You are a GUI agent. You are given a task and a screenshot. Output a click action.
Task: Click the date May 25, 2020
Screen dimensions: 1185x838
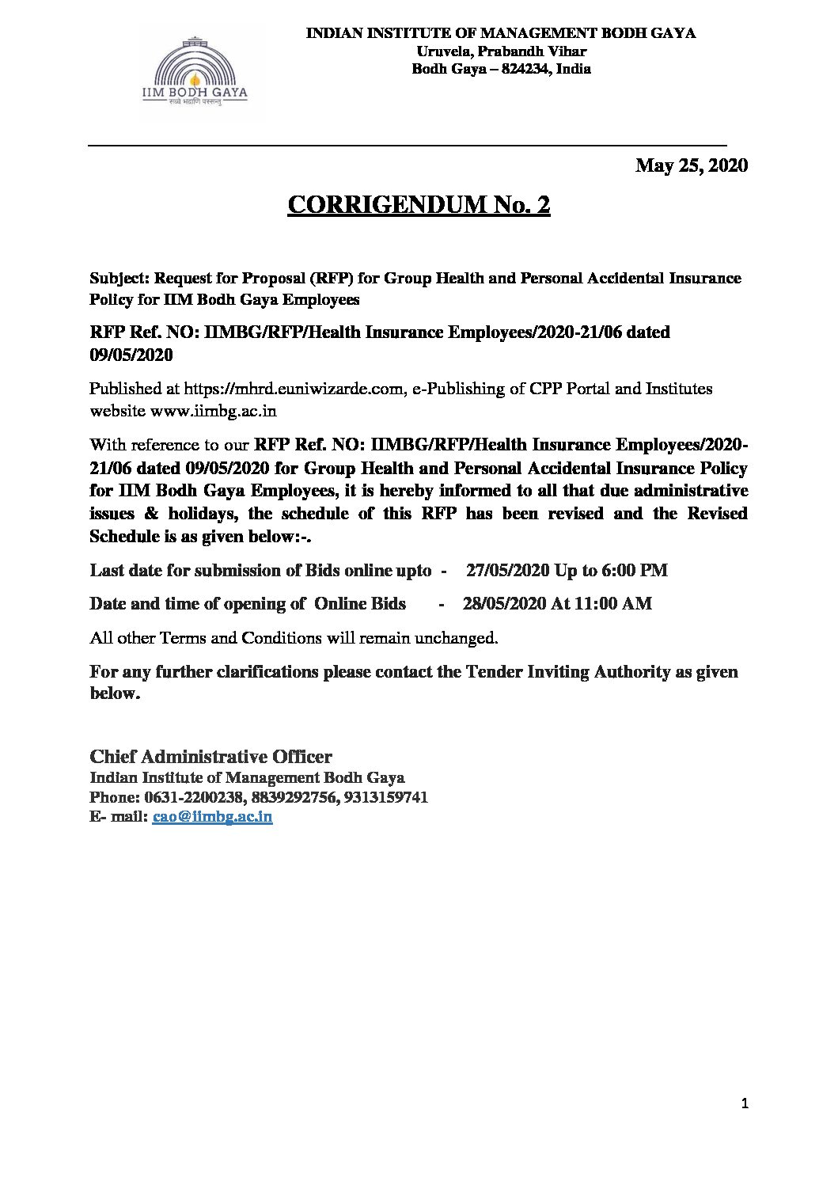(692, 165)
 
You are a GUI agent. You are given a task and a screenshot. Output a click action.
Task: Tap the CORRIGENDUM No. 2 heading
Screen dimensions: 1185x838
(419, 205)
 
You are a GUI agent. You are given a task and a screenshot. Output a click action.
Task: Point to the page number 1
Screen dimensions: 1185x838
(745, 1103)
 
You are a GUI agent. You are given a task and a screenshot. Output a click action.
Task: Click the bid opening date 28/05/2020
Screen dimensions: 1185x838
(504, 603)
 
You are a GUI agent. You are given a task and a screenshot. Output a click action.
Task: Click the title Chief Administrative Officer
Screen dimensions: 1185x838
(210, 756)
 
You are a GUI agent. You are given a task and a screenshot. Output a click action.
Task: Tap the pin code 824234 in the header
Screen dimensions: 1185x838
(521, 69)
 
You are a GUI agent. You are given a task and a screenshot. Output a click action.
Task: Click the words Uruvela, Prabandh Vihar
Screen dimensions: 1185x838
(501, 51)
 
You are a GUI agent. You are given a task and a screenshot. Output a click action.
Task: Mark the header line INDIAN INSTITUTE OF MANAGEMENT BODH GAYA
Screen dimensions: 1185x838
(501, 33)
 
